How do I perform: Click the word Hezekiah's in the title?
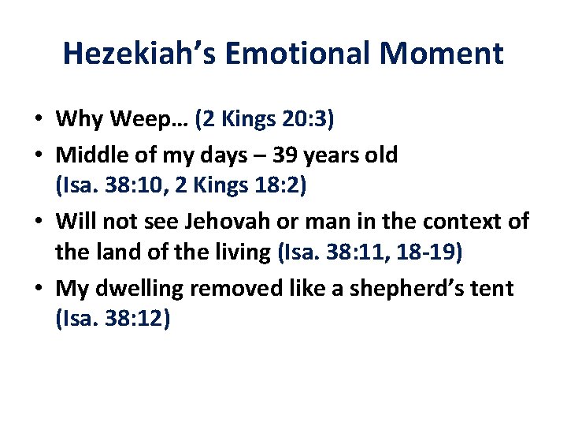[141, 54]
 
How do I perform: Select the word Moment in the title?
[445, 54]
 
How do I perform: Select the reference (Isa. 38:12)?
[113, 321]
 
